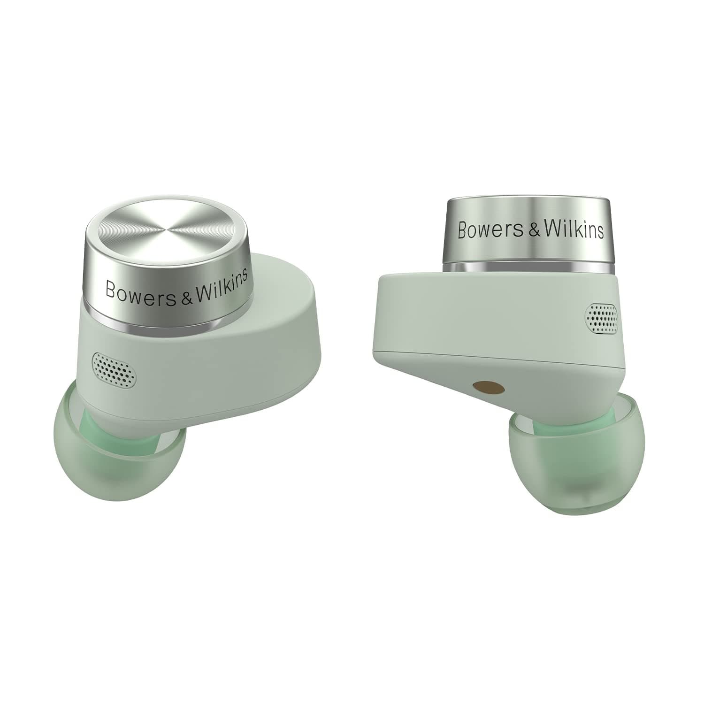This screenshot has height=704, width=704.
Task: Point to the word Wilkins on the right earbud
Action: (573, 230)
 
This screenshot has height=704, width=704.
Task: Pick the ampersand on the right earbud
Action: (529, 231)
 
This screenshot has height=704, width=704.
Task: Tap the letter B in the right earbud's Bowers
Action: (463, 230)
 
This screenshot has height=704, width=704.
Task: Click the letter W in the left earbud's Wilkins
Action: (202, 292)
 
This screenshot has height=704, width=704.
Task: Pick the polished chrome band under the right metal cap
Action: (528, 268)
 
